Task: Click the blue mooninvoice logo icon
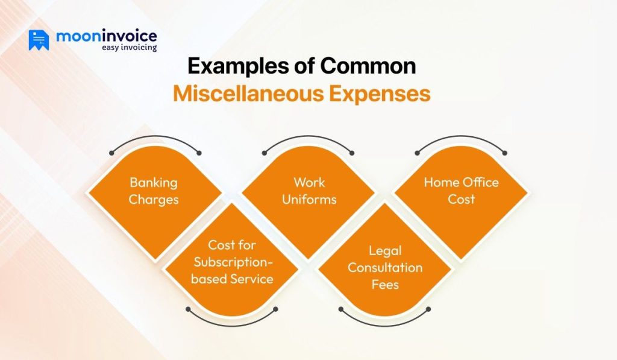click(39, 40)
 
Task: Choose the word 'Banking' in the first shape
click(154, 183)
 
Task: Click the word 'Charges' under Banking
click(154, 199)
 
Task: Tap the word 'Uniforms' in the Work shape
click(309, 199)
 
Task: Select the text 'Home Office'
click(461, 182)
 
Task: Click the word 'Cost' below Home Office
click(461, 199)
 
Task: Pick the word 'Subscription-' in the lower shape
click(232, 262)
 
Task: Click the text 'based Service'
click(232, 279)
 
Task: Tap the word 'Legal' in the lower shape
click(385, 250)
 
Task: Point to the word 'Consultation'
click(385, 267)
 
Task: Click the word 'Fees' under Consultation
click(385, 284)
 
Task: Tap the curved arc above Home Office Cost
click(461, 138)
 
